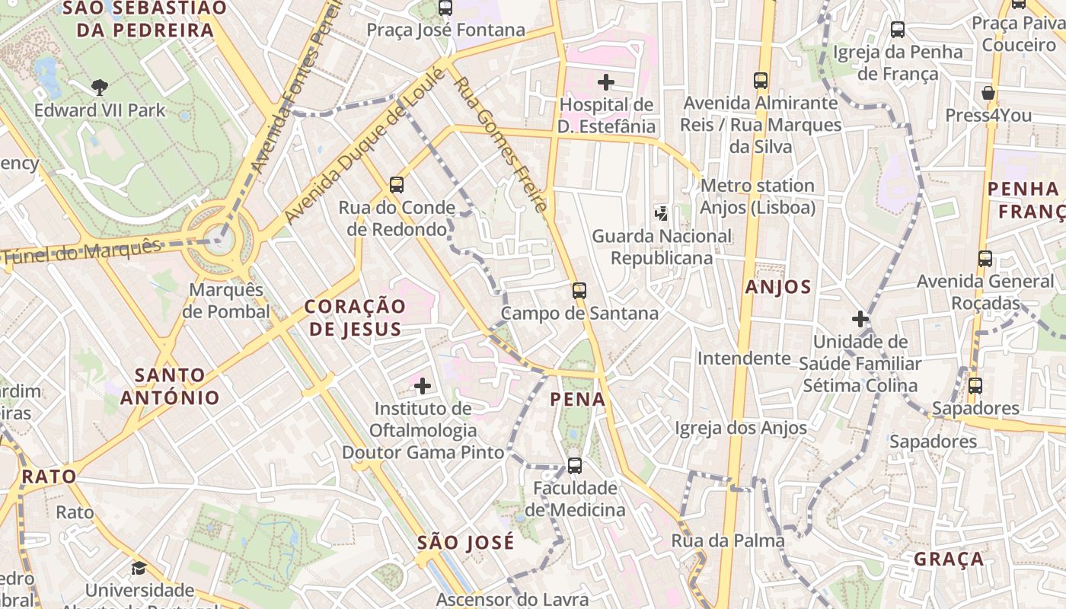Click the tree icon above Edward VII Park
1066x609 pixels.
[99, 87]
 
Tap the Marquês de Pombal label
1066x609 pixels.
[226, 301]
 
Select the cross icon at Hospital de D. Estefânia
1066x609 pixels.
[606, 81]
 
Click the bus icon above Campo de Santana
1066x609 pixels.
[579, 290]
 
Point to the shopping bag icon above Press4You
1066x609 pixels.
[988, 93]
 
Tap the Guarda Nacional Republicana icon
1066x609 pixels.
[662, 213]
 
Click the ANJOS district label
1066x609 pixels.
[778, 287]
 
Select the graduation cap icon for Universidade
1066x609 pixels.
[139, 568]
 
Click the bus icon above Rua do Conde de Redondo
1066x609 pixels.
[397, 184]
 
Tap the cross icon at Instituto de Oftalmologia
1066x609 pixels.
[423, 386]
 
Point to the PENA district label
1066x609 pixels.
[578, 399]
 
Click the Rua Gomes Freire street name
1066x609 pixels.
[501, 144]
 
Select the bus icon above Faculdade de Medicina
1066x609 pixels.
[575, 465]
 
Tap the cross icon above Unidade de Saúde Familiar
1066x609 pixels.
[860, 319]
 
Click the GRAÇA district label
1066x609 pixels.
[949, 559]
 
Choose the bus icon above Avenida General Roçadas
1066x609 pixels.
[985, 258]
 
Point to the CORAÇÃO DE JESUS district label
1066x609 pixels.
[355, 317]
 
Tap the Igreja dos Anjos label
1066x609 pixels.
[740, 428]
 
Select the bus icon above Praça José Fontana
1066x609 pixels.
[445, 8]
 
